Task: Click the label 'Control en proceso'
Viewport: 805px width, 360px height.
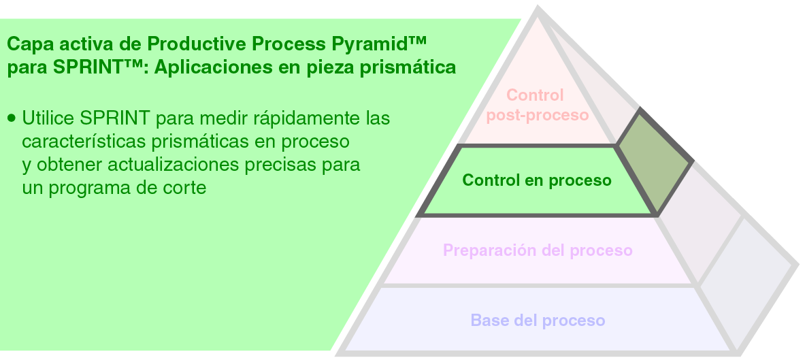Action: point(536,180)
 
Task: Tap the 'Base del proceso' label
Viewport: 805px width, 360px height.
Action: point(538,320)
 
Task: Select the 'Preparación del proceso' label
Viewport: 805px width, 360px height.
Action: point(538,250)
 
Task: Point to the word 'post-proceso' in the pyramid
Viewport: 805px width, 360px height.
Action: point(538,115)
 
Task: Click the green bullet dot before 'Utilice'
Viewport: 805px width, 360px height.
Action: point(11,118)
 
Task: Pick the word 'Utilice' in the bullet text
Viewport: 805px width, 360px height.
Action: point(48,118)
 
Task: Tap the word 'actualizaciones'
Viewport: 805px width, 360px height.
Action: point(179,165)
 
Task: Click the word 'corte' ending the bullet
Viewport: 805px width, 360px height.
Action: point(184,189)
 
